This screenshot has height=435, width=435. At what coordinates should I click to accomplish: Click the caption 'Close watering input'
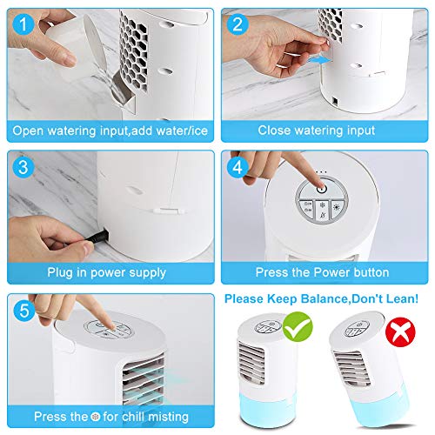coord(317,130)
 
